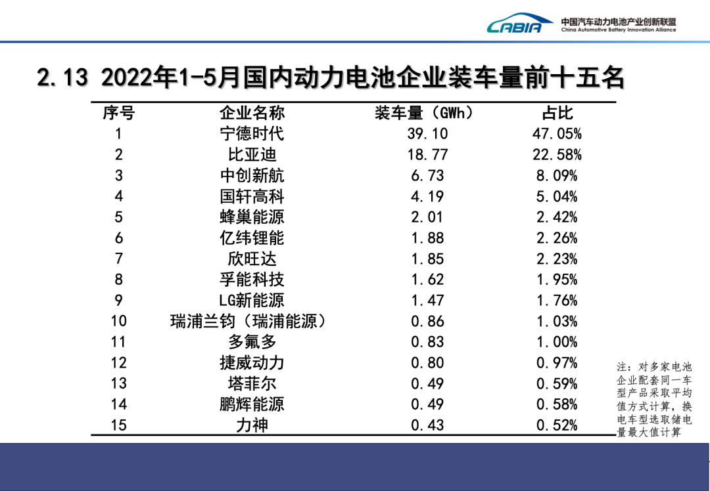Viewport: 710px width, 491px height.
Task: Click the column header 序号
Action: [x=118, y=113]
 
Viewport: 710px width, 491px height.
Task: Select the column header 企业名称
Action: [x=252, y=113]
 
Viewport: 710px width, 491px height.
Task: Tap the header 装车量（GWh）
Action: [x=425, y=113]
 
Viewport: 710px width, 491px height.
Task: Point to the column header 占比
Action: [x=557, y=113]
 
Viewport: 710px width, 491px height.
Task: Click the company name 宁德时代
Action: [x=252, y=134]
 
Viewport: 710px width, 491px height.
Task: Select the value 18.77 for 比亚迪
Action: [x=427, y=155]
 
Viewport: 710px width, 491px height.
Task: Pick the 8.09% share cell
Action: [x=557, y=176]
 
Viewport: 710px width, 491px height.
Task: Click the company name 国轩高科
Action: [x=252, y=196]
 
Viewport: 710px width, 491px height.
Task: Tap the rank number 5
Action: [x=118, y=217]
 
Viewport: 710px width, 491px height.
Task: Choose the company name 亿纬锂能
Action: [x=252, y=238]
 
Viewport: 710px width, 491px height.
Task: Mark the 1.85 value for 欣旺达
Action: [x=427, y=259]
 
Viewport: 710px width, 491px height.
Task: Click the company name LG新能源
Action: [x=252, y=301]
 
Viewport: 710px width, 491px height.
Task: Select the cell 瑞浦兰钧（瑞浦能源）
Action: [x=248, y=321]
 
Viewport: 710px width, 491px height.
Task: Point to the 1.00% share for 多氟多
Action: [x=557, y=342]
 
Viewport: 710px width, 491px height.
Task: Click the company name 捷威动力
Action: [x=252, y=363]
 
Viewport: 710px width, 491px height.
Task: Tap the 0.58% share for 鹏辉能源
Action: [x=557, y=404]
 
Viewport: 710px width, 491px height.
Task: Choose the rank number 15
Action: [x=118, y=425]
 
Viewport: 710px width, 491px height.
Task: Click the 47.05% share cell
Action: [x=557, y=134]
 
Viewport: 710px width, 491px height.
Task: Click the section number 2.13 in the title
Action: [x=62, y=78]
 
